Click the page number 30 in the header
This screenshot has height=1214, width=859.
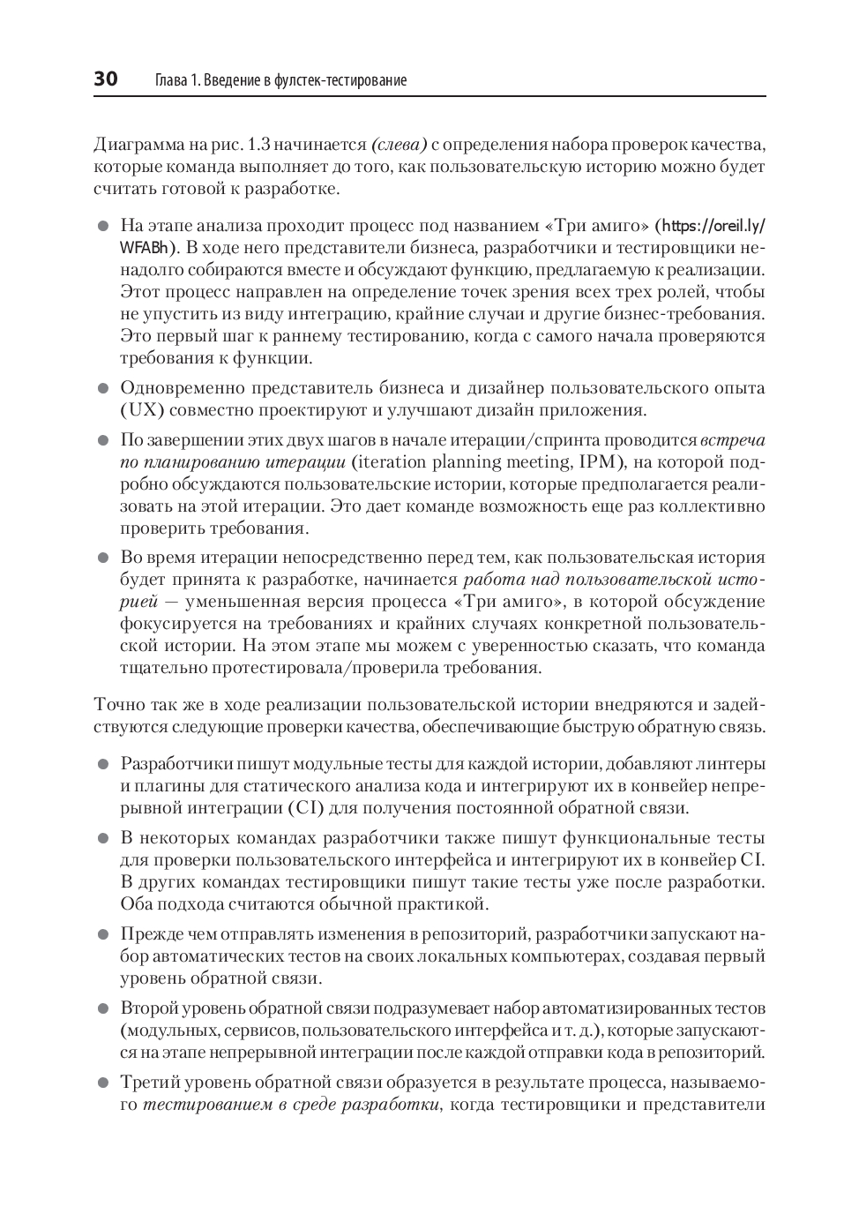coord(106,79)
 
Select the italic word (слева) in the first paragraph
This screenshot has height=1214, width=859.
coord(400,145)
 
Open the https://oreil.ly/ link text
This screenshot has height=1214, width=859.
coord(713,225)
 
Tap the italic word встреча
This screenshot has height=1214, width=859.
coord(732,440)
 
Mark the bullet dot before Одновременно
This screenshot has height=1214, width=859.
coord(102,388)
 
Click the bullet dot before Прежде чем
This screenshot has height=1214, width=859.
coord(102,934)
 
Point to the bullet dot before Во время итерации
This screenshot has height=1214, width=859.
coord(102,558)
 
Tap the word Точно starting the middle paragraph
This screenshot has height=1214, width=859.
coord(117,705)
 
